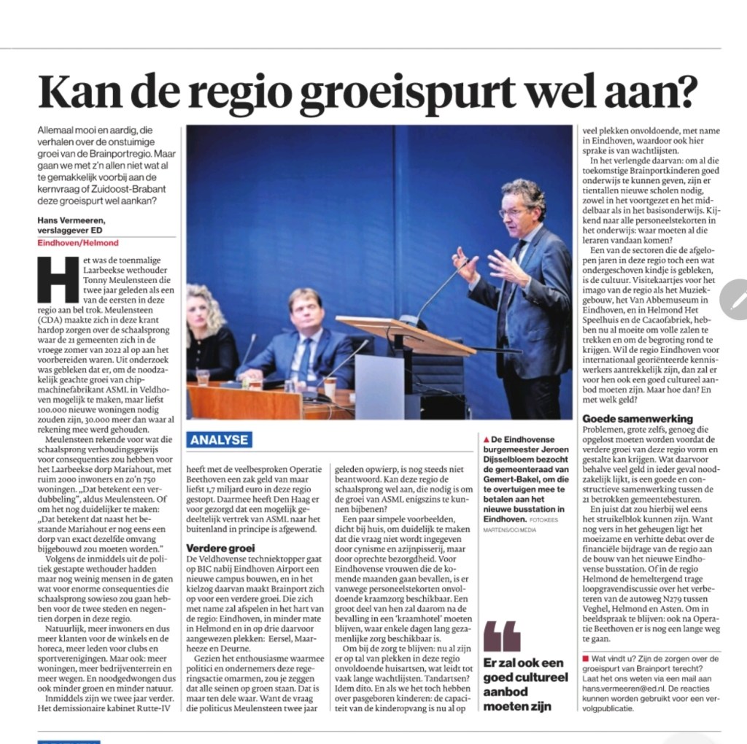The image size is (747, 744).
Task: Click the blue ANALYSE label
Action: (219, 439)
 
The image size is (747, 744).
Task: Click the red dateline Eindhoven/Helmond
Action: (77, 242)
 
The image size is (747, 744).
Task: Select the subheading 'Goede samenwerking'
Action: (638, 419)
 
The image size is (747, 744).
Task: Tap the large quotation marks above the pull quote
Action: (502, 637)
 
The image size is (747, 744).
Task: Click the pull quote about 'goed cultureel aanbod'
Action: (523, 685)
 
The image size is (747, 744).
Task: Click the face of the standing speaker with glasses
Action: (516, 212)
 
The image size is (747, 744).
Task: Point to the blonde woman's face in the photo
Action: (200, 310)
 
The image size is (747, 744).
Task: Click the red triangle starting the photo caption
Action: (487, 439)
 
